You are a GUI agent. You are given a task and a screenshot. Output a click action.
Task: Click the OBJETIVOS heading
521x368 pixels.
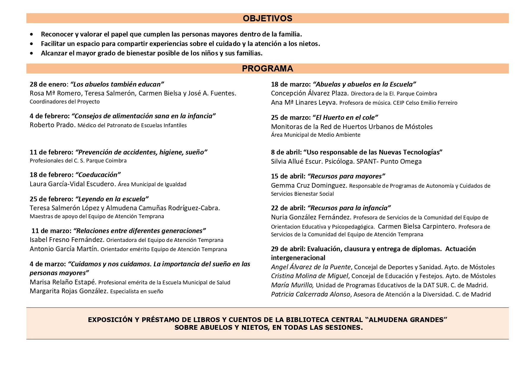coord(267,18)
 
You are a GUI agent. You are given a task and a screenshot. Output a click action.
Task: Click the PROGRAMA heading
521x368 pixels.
coord(267,68)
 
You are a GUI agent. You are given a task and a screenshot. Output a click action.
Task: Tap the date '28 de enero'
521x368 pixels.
coord(49,84)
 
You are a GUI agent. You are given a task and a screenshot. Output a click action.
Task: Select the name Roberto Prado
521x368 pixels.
coord(52,125)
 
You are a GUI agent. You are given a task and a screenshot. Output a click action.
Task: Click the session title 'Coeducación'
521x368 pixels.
coord(98,175)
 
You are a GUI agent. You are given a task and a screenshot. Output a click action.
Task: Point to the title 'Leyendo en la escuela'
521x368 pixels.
coord(112,199)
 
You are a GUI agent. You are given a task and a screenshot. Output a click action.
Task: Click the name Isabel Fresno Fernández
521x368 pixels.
coord(67,240)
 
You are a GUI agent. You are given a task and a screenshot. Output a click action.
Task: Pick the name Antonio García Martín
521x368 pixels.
coord(64,249)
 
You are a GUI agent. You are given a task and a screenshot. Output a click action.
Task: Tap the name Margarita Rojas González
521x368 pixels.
coord(69,291)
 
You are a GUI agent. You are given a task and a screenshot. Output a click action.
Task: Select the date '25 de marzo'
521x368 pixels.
coord(291,117)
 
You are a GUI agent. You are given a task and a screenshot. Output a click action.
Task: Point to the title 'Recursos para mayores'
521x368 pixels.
coord(346,176)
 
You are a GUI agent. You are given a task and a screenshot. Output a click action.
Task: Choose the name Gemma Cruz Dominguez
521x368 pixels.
coord(309,186)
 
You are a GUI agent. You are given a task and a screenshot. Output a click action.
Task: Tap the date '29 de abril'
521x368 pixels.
coord(288,249)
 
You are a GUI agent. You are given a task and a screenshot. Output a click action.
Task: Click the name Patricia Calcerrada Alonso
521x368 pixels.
coord(311,294)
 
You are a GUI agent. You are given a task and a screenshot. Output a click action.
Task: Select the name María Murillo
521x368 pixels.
coord(292,285)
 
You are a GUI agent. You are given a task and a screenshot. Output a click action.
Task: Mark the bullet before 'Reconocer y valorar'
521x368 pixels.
coord(32,34)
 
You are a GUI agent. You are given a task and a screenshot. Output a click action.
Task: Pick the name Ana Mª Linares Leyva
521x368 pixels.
coord(304,103)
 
